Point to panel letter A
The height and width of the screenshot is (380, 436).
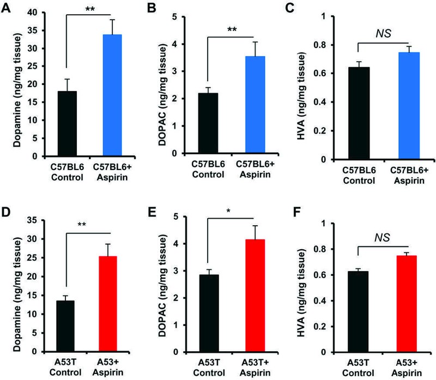(7, 8)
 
